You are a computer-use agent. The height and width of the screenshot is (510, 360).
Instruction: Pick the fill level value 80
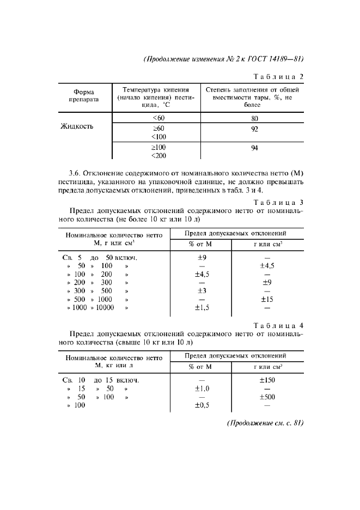coord(254,118)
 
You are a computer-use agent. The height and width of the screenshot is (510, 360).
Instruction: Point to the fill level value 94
coord(254,148)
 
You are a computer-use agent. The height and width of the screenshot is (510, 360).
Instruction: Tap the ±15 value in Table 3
coord(267,299)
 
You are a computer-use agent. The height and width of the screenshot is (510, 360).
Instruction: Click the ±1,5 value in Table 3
coord(202,307)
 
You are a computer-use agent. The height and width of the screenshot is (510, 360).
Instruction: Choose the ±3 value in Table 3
coord(202,291)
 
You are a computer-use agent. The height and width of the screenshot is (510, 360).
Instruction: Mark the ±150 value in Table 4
coord(267,380)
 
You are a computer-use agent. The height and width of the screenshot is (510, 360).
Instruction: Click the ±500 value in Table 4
coord(267,397)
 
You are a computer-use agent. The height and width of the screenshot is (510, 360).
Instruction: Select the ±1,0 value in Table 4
coord(202,388)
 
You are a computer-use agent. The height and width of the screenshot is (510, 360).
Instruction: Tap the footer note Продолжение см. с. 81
coord(264,423)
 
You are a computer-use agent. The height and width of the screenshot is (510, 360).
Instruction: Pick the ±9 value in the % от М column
coord(202,258)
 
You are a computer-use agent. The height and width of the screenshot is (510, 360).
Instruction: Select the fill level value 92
coord(254,129)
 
